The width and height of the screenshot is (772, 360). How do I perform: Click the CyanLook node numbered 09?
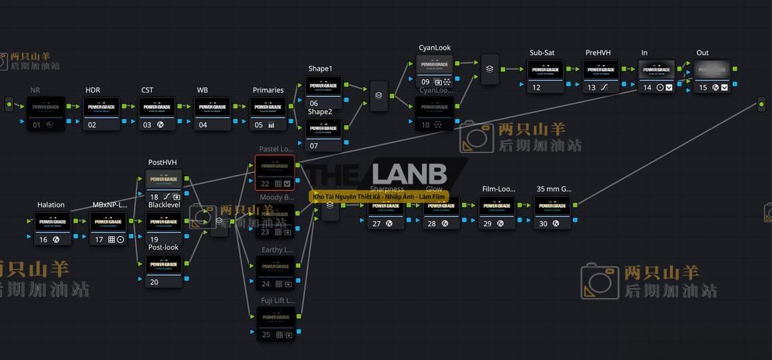pyautogui.click(x=435, y=70)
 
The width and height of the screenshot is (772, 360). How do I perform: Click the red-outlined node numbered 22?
pyautogui.click(x=274, y=171)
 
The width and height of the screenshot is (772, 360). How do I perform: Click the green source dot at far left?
pyautogui.click(x=9, y=104)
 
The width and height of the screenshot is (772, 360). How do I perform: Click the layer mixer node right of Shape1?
pyautogui.click(x=379, y=95)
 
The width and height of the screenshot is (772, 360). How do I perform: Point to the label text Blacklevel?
pyautogui.click(x=164, y=205)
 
